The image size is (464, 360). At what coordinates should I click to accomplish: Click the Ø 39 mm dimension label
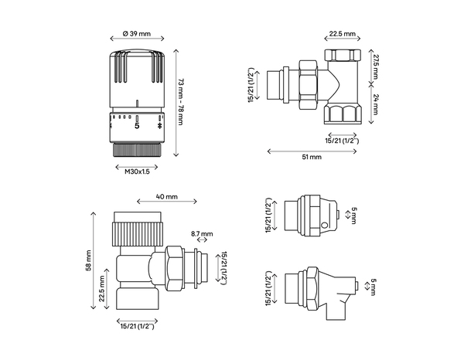tap(138, 35)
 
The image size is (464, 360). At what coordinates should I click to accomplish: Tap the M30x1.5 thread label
tap(138, 172)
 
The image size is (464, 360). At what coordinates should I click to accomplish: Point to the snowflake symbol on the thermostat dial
tap(160, 125)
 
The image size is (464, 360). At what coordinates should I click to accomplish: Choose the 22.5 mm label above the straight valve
tap(342, 35)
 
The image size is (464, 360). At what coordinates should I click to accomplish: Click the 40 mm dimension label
tap(165, 198)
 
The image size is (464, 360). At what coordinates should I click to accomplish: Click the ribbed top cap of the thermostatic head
tap(138, 70)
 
